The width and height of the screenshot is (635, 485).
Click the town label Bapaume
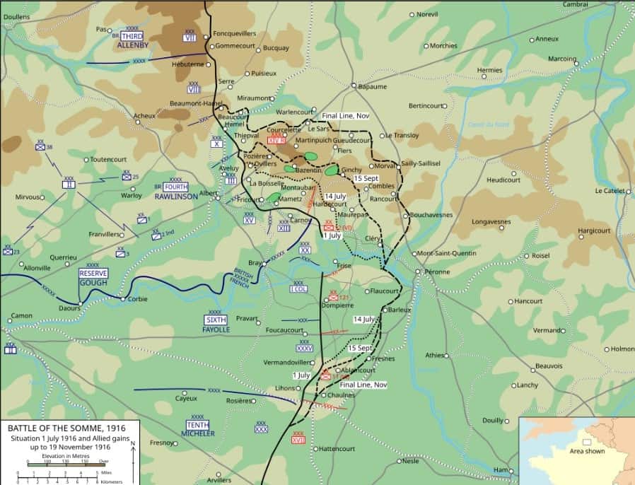tap(373, 87)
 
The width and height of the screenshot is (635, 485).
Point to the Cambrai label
tap(575, 4)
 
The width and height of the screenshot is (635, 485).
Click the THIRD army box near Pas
tap(132, 36)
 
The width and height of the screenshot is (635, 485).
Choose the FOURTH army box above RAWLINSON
tap(175, 187)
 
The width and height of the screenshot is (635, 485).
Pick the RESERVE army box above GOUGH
tap(93, 274)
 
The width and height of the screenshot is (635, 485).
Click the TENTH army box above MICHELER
tap(197, 424)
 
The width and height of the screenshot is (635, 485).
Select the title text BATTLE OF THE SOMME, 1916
tap(66, 428)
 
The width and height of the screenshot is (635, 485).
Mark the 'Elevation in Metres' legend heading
tap(62, 457)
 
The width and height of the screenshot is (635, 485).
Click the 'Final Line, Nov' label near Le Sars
tap(345, 116)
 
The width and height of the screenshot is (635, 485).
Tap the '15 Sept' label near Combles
tap(366, 178)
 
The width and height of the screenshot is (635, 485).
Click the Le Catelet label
tap(609, 191)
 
